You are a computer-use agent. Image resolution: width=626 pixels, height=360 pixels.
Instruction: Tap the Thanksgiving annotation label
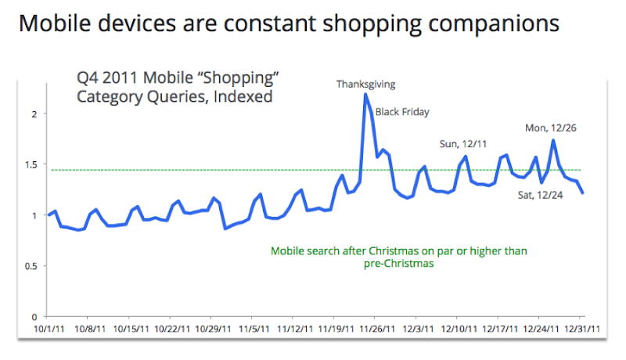click(x=365, y=83)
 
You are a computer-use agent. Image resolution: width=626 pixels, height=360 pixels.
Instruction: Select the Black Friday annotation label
click(x=402, y=112)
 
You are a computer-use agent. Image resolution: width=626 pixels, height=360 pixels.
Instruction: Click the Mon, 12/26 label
click(x=551, y=128)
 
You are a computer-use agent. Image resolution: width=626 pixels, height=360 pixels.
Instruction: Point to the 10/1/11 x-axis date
click(x=49, y=329)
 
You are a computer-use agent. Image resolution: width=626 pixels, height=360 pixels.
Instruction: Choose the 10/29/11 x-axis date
click(x=212, y=329)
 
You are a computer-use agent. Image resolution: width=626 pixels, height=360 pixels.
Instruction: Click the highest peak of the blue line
click(x=365, y=95)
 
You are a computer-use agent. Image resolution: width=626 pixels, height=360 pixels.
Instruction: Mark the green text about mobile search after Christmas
click(x=399, y=257)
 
